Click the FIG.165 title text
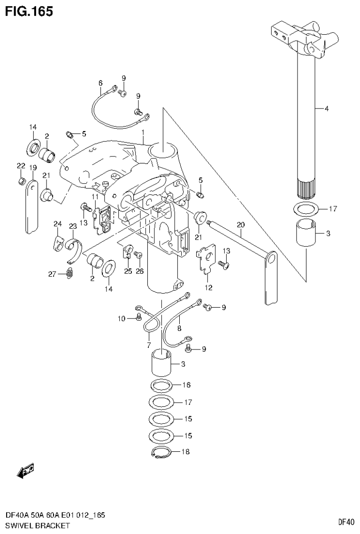pyautogui.click(x=29, y=11)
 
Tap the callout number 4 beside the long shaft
pyautogui.click(x=326, y=108)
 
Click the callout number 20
pyautogui.click(x=241, y=225)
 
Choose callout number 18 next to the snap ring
pyautogui.click(x=187, y=452)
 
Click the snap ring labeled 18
pyautogui.click(x=160, y=453)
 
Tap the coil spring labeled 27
pyautogui.click(x=69, y=273)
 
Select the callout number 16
pyautogui.click(x=187, y=385)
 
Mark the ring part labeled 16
pyautogui.click(x=162, y=386)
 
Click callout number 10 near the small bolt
pyautogui.click(x=122, y=319)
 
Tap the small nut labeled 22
pyautogui.click(x=22, y=181)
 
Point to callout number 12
pyautogui.click(x=208, y=287)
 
